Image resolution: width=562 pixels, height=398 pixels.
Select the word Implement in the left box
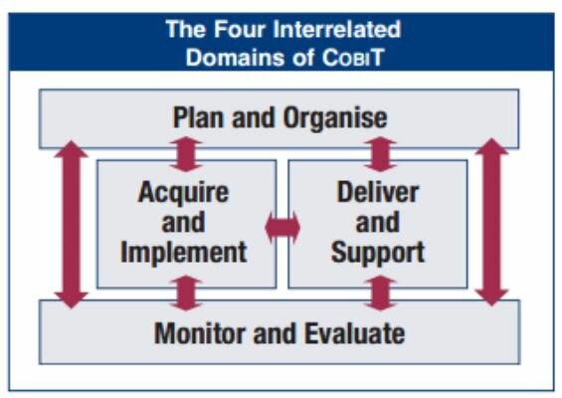(x=184, y=251)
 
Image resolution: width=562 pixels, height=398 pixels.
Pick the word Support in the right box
(x=378, y=251)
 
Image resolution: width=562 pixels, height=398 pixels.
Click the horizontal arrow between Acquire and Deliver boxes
(x=282, y=227)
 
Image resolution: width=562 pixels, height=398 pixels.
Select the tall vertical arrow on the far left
(x=71, y=223)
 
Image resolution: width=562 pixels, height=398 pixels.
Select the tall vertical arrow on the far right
(x=491, y=223)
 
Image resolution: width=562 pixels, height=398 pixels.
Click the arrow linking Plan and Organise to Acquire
(x=186, y=154)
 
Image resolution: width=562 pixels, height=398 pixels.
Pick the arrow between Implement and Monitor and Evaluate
(x=186, y=294)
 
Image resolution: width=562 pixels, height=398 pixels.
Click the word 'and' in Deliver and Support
(x=378, y=221)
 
